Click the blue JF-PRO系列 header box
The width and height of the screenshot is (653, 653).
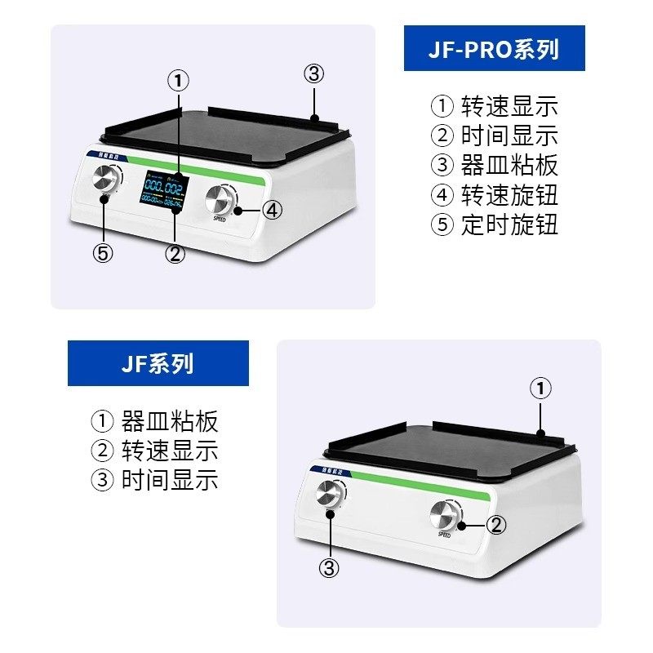coord(494,48)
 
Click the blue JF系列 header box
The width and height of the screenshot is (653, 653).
coord(158,363)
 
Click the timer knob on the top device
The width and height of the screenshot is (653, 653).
coord(105,177)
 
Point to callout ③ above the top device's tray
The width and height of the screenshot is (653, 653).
coord(314,74)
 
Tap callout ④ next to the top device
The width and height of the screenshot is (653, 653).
coord(273,210)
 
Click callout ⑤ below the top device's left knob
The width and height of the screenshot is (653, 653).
coord(102,253)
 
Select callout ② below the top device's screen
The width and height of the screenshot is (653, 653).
coord(175,253)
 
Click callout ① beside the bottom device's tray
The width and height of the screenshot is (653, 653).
coord(540,389)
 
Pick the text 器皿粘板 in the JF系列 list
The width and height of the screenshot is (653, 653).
coord(170,422)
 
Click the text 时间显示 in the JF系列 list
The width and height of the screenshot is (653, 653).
coord(170,479)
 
